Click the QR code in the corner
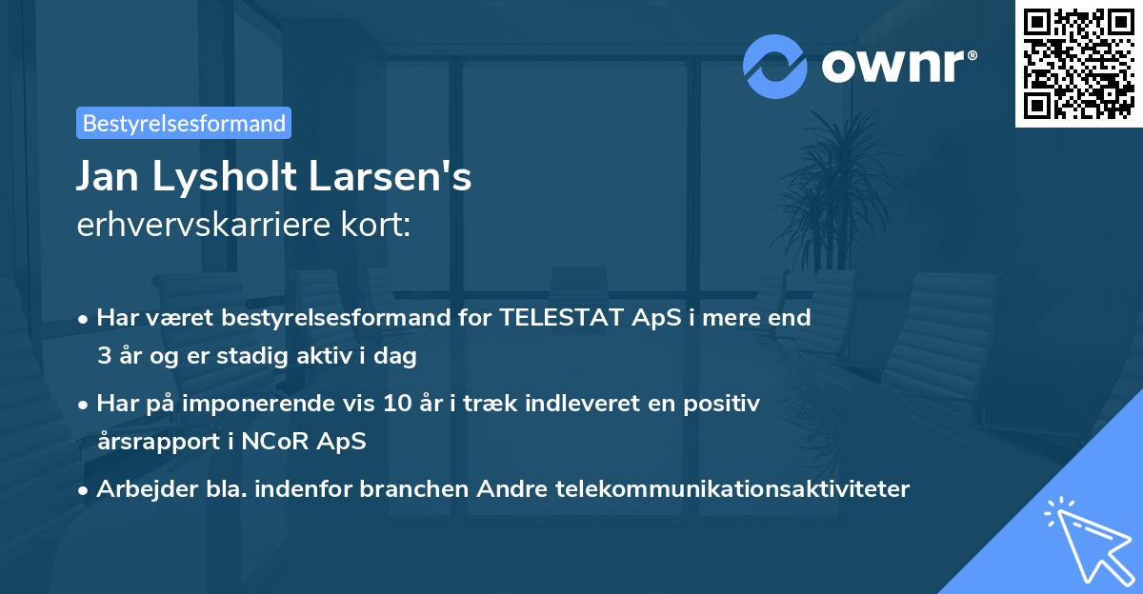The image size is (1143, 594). point(1079,63)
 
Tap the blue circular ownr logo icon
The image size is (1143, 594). point(775,67)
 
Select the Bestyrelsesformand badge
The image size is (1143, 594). point(184,123)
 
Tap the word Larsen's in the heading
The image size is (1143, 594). point(397,178)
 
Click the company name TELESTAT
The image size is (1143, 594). point(562,319)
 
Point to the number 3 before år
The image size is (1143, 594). point(103,357)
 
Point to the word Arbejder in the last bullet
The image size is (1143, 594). point(139,489)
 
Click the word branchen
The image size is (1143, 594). point(421,489)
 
